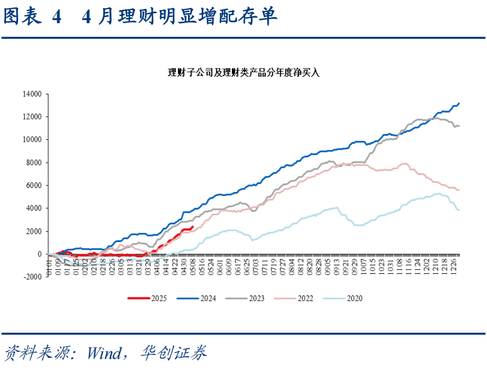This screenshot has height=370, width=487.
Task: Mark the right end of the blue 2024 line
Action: [x=459, y=103]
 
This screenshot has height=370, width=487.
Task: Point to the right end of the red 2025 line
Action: [x=193, y=226]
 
